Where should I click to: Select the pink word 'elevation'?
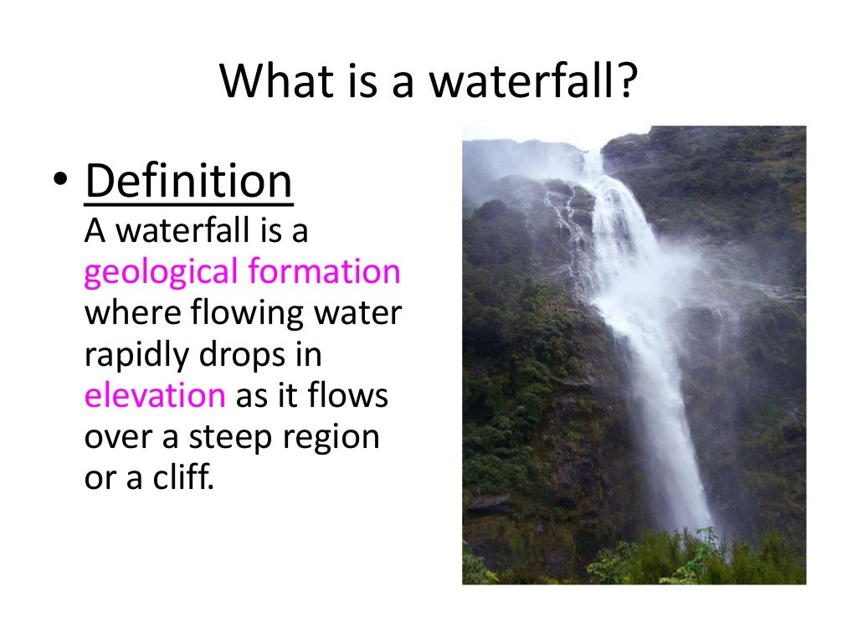[x=155, y=395]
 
